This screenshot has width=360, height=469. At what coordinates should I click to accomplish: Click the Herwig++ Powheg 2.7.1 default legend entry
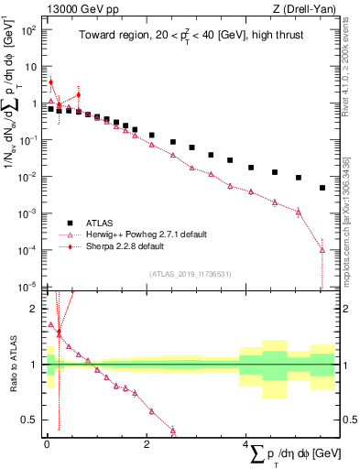[x=137, y=234]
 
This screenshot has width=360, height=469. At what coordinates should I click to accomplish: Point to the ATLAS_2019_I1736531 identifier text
[x=191, y=274]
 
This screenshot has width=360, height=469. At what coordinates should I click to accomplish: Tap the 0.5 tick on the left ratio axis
[x=27, y=420]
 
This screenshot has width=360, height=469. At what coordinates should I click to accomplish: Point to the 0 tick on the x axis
[x=46, y=443]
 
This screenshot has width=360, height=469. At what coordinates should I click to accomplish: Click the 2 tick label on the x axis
[x=147, y=443]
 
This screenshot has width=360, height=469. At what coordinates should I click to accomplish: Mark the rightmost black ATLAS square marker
[x=322, y=188]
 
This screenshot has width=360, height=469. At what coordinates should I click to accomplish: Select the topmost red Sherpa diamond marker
[x=51, y=82]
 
